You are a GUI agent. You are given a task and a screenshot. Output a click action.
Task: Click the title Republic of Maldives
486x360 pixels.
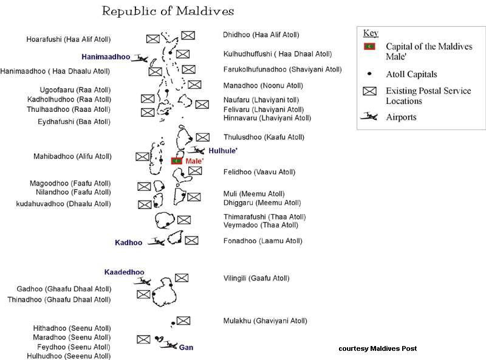pos(168,12)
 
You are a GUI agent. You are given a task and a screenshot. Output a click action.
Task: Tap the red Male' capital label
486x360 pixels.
pos(194,161)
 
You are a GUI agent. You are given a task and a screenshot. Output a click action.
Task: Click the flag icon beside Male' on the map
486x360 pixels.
pos(177,161)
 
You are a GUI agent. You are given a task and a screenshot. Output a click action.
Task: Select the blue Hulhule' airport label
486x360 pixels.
pos(223,150)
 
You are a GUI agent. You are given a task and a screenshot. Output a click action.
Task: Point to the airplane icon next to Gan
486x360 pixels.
pos(168,345)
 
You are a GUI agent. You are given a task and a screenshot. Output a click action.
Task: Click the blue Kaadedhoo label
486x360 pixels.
pos(124,272)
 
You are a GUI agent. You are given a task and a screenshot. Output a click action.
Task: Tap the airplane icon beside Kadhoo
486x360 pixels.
pos(156,242)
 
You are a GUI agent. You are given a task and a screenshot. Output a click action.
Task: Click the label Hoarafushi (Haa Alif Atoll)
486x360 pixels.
pos(68,40)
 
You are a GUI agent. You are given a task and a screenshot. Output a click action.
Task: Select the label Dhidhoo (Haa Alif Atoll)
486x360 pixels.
pos(261,35)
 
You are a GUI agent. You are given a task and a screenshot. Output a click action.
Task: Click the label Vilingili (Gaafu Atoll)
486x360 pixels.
pos(256,279)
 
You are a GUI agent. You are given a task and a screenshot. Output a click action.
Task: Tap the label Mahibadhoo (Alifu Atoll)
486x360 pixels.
pos(72,156)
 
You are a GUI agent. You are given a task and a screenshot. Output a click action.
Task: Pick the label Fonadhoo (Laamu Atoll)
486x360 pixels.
pos(262,241)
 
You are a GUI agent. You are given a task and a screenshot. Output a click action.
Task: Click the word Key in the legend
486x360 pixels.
pos(370,33)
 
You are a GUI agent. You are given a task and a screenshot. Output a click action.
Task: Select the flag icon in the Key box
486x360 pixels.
pos(369,46)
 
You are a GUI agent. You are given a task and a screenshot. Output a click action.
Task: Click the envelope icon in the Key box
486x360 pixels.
pos(369,92)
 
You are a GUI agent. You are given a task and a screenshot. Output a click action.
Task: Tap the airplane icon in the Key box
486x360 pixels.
pos(369,117)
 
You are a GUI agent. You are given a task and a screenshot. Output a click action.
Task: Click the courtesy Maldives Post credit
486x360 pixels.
pos(378,348)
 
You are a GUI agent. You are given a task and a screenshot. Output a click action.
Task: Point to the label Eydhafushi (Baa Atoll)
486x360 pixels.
pos(74,122)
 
